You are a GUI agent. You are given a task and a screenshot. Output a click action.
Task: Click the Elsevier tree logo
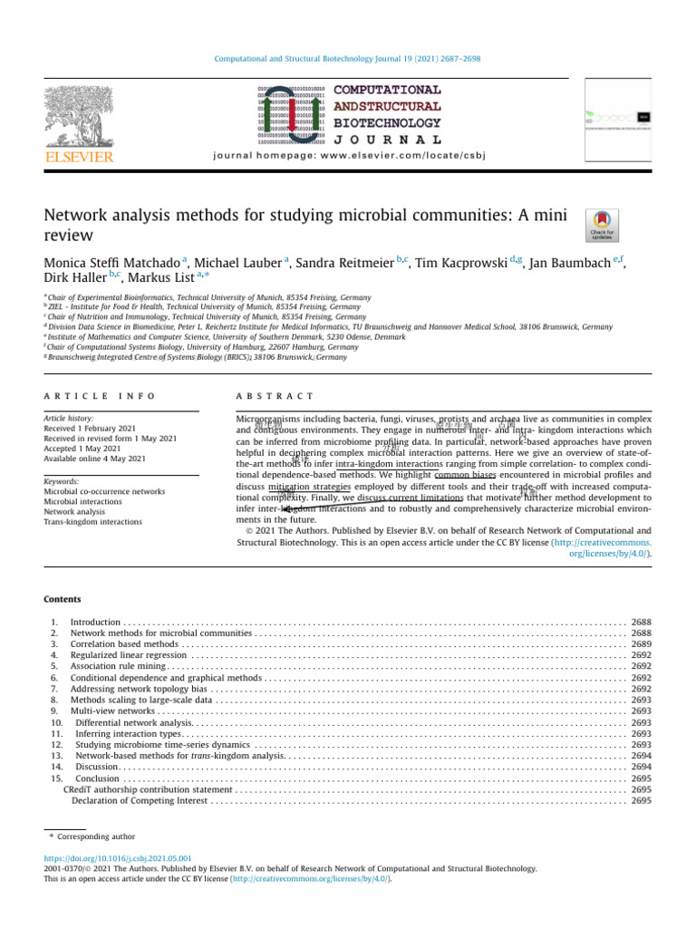(x=80, y=115)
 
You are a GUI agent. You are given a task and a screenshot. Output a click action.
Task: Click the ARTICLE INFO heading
(x=100, y=396)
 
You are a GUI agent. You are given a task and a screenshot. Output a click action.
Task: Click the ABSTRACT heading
(x=275, y=396)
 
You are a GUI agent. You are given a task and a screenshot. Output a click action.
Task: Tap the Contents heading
(x=63, y=599)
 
